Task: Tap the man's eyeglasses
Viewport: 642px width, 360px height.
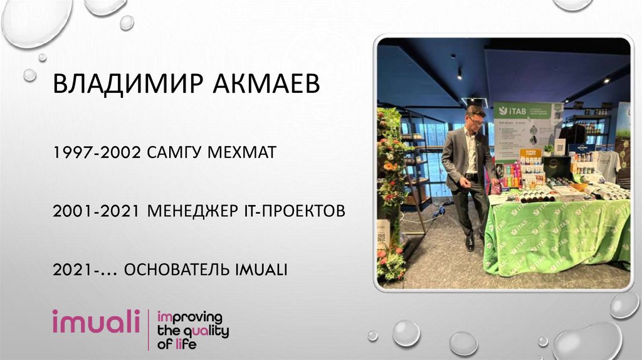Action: coord(475,119)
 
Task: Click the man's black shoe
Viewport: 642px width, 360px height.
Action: coord(470,244)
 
